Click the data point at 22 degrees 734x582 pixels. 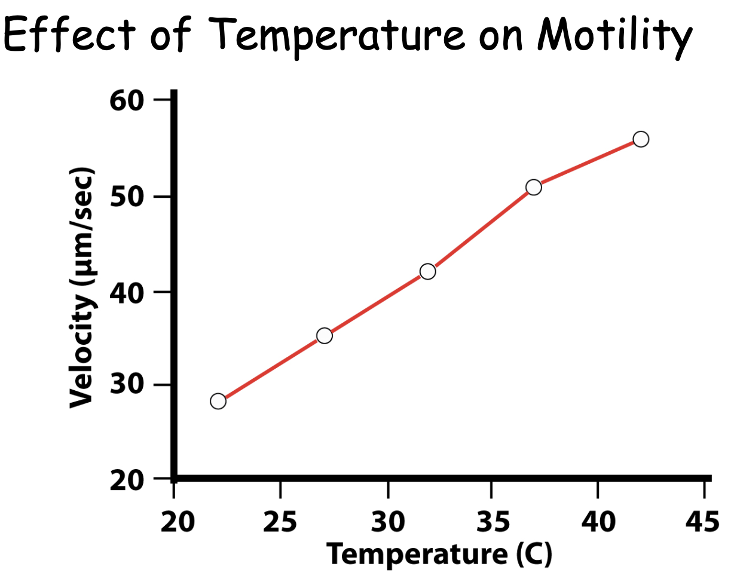(x=218, y=401)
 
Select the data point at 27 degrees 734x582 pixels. (x=324, y=336)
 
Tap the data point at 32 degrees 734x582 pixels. (x=427, y=271)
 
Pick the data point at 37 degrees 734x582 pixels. (x=534, y=187)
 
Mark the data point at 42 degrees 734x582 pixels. (x=641, y=139)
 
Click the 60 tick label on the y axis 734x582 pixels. (x=127, y=100)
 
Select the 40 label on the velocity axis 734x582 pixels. (x=127, y=292)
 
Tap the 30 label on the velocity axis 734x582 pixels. (x=127, y=385)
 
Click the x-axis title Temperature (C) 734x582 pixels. (x=439, y=555)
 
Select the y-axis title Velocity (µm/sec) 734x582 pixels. (x=82, y=289)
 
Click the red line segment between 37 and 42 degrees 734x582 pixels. (x=587, y=163)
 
